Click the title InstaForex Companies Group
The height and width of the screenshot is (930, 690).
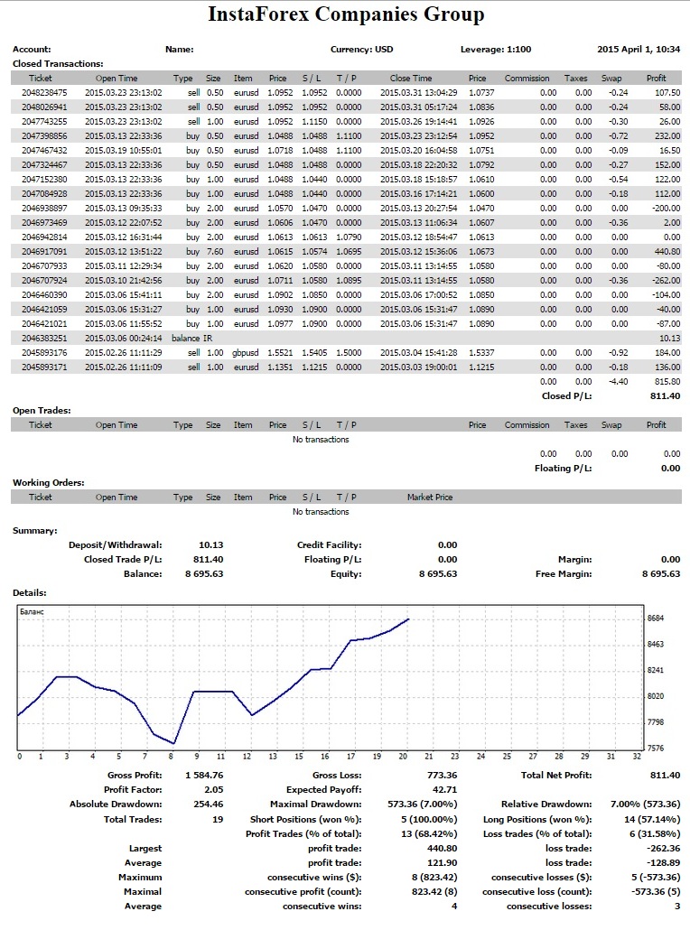[x=346, y=14]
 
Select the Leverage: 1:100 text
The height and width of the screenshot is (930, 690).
[x=496, y=50]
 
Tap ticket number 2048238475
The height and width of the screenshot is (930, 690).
[x=44, y=92]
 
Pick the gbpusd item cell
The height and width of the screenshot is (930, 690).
[x=246, y=353]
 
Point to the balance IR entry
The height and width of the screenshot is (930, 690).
[x=191, y=338]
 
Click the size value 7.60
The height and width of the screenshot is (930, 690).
[x=215, y=252]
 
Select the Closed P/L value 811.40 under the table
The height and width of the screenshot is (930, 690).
[x=665, y=396]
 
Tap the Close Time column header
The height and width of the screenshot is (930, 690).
[x=411, y=79]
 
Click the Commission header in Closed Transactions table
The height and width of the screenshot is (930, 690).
[x=527, y=79]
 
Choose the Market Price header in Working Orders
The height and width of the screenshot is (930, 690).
[x=430, y=497]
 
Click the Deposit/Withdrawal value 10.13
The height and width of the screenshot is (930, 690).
[x=211, y=545]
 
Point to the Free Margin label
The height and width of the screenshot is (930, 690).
[x=564, y=573]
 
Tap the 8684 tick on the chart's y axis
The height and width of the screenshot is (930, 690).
[x=656, y=618]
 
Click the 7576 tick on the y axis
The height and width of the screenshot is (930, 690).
[x=656, y=748]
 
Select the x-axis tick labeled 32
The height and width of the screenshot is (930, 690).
[x=637, y=757]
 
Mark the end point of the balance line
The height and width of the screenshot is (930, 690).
[x=409, y=619]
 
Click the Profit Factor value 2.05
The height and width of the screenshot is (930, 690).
[x=213, y=789]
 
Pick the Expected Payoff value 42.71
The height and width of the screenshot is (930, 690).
[x=445, y=789]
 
